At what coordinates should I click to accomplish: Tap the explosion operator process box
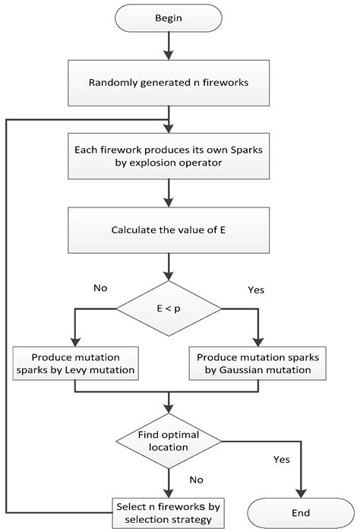tap(168, 157)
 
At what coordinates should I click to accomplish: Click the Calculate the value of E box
tap(168, 230)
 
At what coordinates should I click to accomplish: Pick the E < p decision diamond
tap(168, 309)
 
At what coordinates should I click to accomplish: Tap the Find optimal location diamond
tap(168, 442)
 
